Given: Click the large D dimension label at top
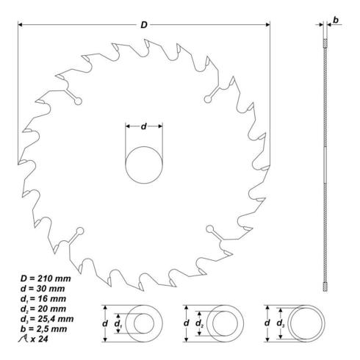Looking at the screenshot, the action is click(x=144, y=25).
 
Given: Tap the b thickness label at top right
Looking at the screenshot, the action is click(x=336, y=21).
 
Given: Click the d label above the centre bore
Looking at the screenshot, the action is click(x=144, y=126).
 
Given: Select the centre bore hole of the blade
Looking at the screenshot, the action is click(x=144, y=165).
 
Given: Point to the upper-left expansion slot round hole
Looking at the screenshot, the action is click(x=78, y=101).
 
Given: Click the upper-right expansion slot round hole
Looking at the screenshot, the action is click(x=208, y=99).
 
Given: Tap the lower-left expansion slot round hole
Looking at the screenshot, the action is click(x=80, y=231).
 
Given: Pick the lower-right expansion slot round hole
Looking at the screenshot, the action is click(x=209, y=228).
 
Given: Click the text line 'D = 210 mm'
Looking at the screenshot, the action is click(x=46, y=278).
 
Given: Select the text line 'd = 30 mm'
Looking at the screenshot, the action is click(x=43, y=289).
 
